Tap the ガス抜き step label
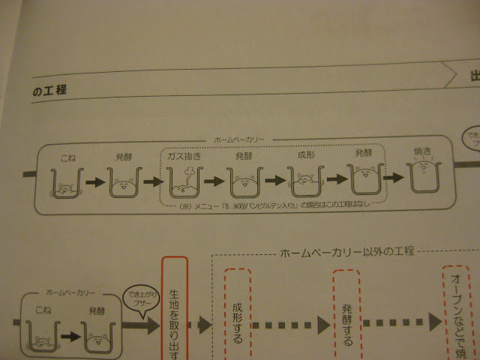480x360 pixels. click(x=184, y=157)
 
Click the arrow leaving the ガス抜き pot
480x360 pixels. click(x=215, y=182)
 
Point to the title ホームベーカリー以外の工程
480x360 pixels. click(x=346, y=250)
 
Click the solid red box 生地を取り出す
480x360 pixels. click(x=174, y=307)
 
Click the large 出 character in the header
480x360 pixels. click(x=475, y=75)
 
